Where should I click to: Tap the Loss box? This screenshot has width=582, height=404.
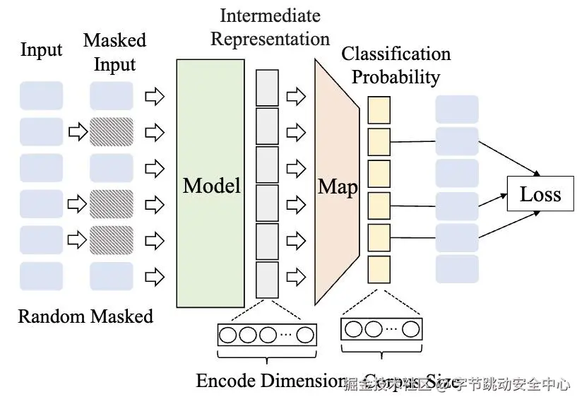click(540, 194)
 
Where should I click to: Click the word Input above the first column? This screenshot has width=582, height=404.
click(41, 50)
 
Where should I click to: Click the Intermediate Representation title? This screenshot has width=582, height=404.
click(270, 27)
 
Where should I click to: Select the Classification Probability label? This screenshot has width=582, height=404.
click(396, 65)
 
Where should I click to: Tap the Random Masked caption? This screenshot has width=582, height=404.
click(85, 316)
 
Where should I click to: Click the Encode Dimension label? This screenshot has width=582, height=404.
click(270, 381)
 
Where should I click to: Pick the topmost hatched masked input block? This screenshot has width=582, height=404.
click(111, 131)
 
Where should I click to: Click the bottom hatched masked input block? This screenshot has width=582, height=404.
click(111, 239)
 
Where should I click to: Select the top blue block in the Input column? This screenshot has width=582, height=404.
click(41, 95)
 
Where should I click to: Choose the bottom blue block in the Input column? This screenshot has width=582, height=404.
click(41, 276)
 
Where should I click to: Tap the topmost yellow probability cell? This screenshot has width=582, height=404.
click(379, 109)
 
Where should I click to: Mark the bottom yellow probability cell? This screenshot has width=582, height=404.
click(379, 269)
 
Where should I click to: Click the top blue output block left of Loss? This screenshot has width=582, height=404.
click(457, 109)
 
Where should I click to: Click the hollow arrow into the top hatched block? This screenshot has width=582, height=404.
click(76, 131)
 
